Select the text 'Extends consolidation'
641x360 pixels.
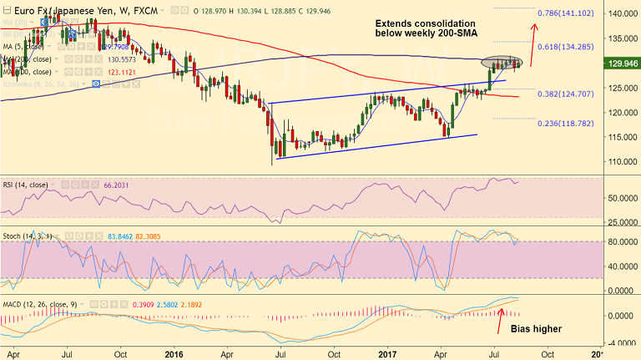425,23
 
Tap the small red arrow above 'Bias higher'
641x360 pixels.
501,315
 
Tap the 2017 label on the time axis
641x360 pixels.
391,353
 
